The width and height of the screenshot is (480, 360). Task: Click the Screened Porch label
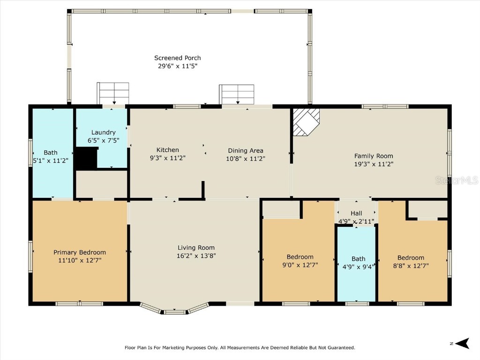[178, 58]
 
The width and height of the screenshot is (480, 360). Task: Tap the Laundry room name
[103, 133]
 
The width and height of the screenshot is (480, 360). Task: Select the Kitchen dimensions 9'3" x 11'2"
[168, 158]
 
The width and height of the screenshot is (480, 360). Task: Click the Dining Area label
[246, 150]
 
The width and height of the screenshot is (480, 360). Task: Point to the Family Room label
[374, 156]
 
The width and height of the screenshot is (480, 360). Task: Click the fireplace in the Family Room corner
[306, 121]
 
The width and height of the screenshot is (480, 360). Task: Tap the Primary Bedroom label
[80, 252]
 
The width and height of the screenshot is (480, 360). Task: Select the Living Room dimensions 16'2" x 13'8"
[196, 256]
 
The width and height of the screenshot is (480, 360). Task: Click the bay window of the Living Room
[174, 310]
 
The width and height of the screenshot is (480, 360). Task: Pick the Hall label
[356, 213]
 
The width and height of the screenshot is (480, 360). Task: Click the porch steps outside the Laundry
[113, 93]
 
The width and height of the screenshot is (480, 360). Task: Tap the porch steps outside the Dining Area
[237, 94]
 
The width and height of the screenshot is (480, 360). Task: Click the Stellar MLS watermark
[456, 180]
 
